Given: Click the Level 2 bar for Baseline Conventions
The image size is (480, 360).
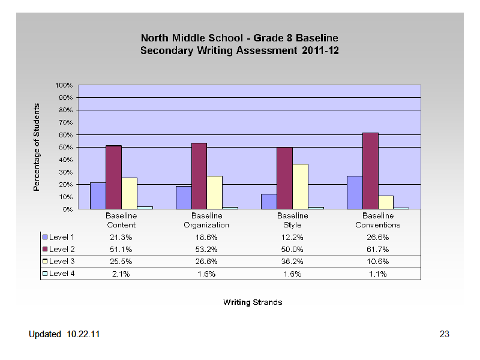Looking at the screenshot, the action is pos(370,171).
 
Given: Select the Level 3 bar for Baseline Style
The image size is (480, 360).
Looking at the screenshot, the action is pos(301,187).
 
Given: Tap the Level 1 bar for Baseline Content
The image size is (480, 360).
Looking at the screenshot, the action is pos(98,196).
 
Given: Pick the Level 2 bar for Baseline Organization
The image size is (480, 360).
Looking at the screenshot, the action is pos(199,176).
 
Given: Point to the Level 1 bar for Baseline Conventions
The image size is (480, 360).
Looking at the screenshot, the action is pos(355,193).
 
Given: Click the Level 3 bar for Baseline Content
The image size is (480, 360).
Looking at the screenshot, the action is pos(129,193).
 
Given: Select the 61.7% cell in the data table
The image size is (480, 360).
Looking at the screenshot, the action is pos(378,250).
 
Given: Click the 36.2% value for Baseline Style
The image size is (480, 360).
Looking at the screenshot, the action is pos(292,262).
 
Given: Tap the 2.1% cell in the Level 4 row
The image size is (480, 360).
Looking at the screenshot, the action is pos(121,274).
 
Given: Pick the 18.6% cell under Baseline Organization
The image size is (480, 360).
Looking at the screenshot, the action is pos(206,238).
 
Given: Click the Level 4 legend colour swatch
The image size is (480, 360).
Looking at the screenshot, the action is pos(45,274).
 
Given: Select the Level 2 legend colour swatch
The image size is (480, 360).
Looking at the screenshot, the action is pos(45,249).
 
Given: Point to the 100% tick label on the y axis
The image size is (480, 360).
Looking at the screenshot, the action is pos(64,85).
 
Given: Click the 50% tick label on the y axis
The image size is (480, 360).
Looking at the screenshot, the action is pos(66,147).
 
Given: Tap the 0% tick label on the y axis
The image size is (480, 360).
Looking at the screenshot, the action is pos(68,209).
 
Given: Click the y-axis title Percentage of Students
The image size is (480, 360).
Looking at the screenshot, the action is pos(37,147).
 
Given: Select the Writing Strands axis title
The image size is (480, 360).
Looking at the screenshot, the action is pos(253,302).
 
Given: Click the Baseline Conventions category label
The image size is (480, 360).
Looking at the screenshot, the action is pos(378,220).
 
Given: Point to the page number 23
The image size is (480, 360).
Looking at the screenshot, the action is pos(444,334).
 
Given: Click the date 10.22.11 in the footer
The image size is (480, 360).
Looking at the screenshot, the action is pos(83,334).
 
